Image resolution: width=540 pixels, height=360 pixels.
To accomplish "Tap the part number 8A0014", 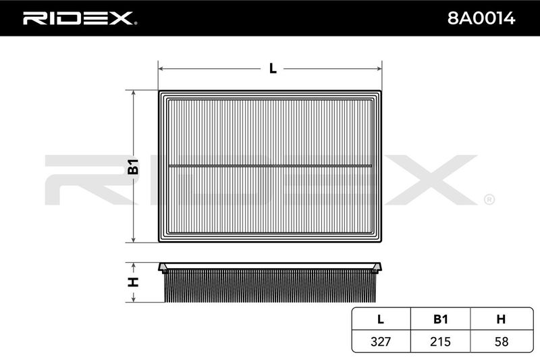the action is (x=481, y=18).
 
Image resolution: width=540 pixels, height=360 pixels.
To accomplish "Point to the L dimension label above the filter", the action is (x=273, y=68).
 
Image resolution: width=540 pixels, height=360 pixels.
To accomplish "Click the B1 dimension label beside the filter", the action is (x=133, y=166).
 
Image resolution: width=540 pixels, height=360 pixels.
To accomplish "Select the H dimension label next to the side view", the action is (x=133, y=282).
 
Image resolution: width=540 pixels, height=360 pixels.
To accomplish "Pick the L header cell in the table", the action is (x=381, y=319).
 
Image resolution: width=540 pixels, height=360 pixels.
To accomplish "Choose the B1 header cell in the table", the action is (x=441, y=319).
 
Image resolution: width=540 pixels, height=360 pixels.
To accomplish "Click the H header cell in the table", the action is (x=501, y=319).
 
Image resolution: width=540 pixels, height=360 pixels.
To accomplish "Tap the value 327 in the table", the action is (x=381, y=341).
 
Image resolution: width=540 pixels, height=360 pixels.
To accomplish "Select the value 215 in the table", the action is (x=441, y=341).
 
